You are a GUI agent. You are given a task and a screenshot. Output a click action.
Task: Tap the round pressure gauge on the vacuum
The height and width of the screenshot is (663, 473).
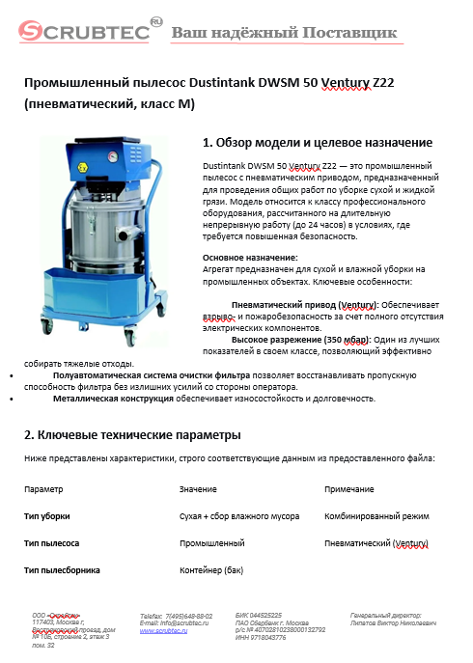tap(113, 154)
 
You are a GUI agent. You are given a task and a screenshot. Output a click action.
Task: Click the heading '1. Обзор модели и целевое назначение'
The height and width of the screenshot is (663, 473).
tap(317, 142)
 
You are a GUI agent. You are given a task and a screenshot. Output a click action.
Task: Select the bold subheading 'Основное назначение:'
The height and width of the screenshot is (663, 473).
tap(241, 258)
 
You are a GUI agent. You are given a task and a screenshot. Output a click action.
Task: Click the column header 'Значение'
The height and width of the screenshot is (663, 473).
tap(198, 489)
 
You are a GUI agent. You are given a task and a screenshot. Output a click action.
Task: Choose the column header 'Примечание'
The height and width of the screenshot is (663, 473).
tap(349, 489)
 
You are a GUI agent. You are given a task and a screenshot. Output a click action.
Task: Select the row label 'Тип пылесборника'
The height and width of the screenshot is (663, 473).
tap(62, 570)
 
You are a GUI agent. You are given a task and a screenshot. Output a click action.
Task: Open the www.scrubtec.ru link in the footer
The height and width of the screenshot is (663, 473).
tap(162, 629)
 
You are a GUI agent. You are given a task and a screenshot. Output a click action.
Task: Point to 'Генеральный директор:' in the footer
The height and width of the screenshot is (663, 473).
tap(386, 615)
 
